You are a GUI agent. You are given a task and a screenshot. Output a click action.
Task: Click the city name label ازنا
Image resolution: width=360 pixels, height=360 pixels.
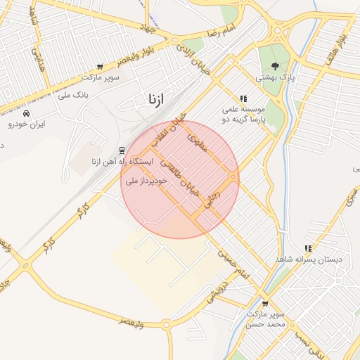tap(156, 99)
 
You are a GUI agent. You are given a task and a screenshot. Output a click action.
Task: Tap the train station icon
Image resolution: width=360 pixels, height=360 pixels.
tap(122, 150)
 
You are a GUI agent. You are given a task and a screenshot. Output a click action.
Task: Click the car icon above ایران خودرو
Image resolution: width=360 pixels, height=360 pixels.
tap(27, 113)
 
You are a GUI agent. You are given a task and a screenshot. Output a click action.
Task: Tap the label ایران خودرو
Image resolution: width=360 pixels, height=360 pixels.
tap(27, 124)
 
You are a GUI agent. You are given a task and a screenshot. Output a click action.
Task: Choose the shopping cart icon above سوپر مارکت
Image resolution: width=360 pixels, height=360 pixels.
tap(99, 67)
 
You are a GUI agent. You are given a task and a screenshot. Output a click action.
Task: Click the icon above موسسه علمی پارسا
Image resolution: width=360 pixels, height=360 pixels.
tap(243, 99)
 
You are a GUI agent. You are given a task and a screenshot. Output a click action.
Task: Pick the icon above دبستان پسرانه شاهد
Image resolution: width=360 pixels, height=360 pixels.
tap(308, 248)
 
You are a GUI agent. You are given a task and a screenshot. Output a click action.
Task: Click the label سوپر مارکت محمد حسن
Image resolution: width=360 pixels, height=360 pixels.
tap(264, 320)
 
